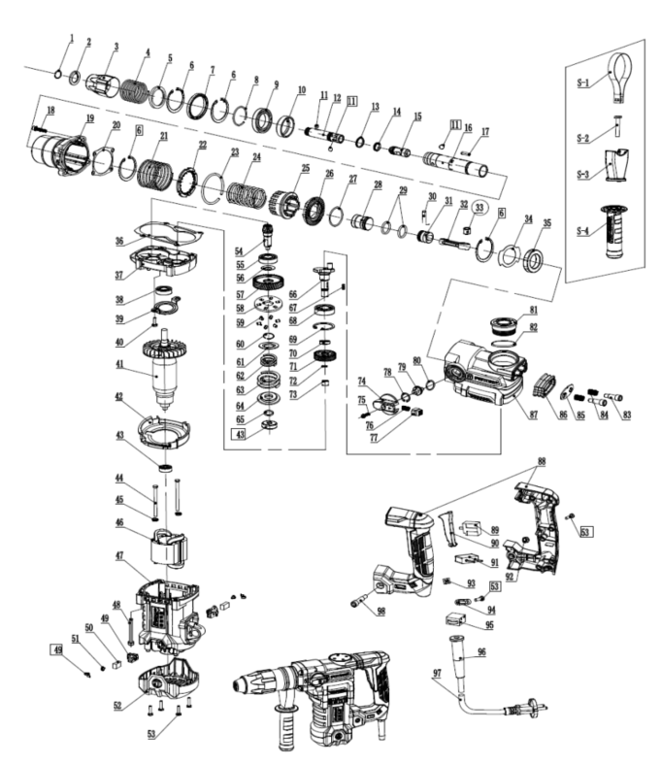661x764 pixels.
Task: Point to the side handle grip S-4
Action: click(x=615, y=234)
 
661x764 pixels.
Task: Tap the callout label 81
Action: click(x=532, y=311)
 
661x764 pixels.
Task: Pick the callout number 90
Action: click(x=495, y=543)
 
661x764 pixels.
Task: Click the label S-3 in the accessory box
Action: click(x=582, y=173)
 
